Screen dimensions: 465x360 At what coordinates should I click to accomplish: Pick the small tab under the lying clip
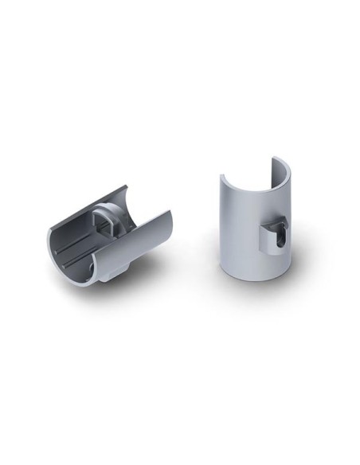112,275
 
